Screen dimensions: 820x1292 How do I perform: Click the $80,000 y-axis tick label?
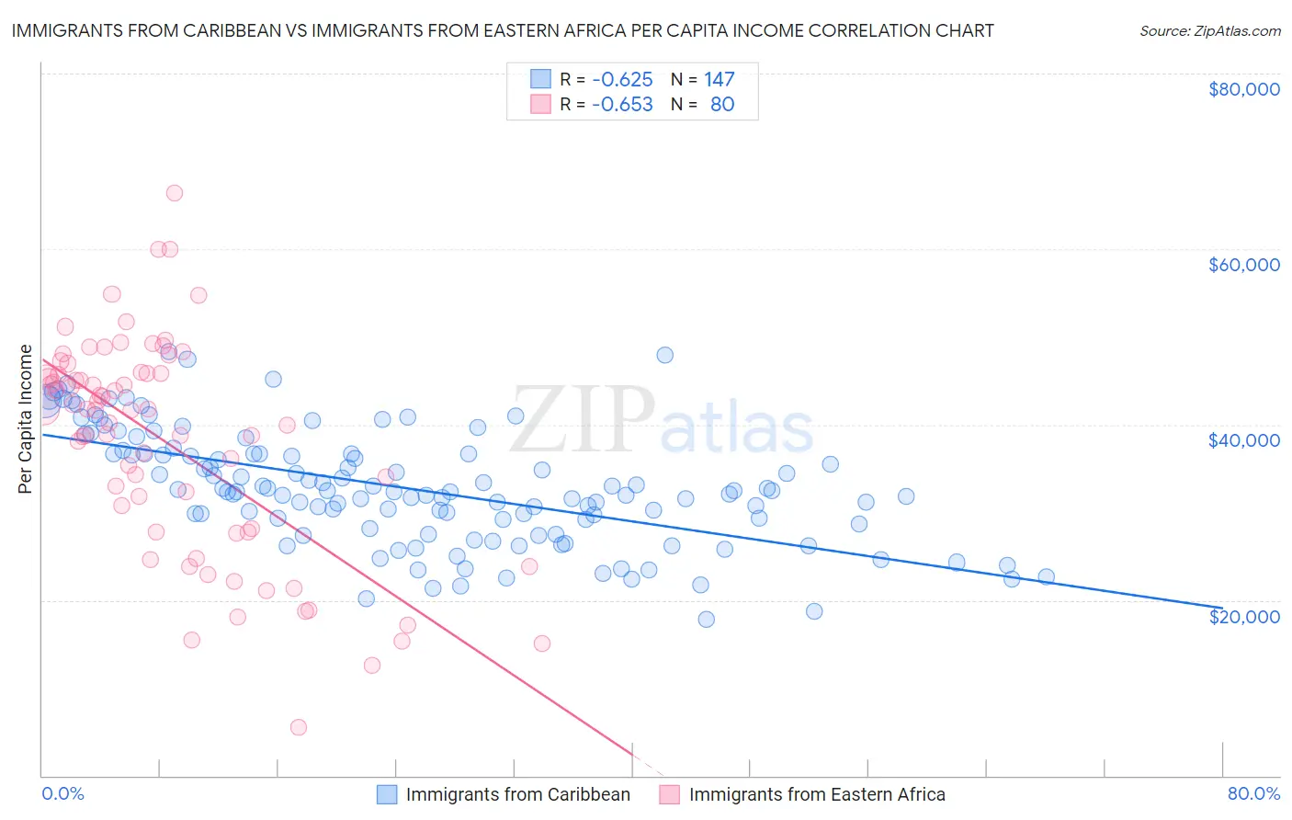coord(1243,89)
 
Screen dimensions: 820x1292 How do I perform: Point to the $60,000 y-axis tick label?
coord(1243,265)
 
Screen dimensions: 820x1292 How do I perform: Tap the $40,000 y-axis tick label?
coord(1243,440)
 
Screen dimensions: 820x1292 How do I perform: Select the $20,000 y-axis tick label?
coord(1243,616)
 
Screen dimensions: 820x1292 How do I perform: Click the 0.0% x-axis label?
coord(62,793)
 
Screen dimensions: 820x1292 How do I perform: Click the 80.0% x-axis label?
coord(1253,793)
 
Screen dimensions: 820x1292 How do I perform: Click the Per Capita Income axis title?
coord(26,419)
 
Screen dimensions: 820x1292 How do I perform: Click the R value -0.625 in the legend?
coord(622,79)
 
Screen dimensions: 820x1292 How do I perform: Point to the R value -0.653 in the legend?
coord(622,104)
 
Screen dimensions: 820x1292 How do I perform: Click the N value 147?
coord(720,79)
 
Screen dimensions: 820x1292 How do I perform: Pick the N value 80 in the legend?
coord(722,104)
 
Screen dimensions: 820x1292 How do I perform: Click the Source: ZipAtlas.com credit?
coord(1209,30)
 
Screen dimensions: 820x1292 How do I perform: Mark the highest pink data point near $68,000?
coord(175,193)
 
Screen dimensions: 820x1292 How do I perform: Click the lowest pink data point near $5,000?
coord(299,727)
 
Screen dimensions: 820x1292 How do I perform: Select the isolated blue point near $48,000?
coord(665,355)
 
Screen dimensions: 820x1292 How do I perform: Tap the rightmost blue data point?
coord(1046,576)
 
